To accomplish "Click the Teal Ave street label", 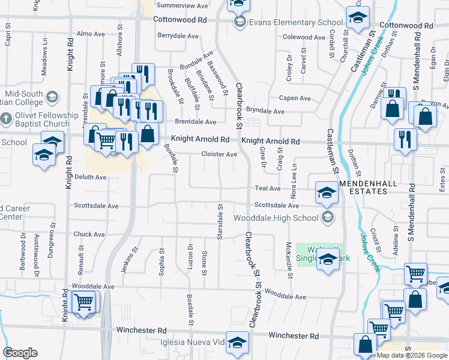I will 268,188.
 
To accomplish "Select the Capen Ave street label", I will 294,98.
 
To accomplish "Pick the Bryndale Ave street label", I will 265,111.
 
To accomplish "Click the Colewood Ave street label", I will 304,37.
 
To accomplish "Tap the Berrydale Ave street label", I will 178,36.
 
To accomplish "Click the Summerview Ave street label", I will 182,5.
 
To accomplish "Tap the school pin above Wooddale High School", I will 327,193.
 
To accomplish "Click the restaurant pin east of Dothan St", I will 405,139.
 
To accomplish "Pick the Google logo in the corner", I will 20,353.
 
